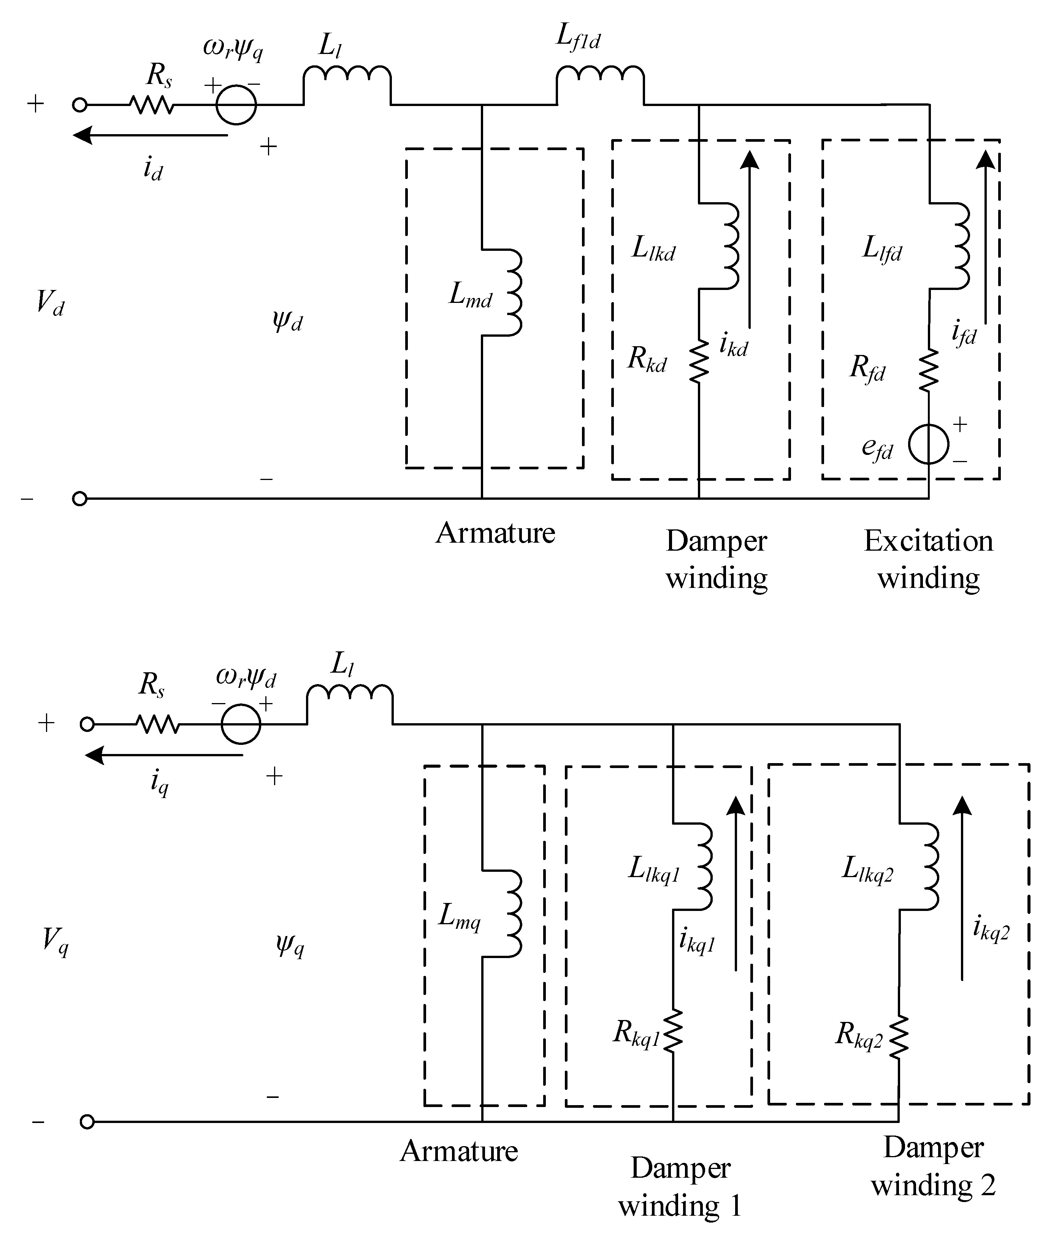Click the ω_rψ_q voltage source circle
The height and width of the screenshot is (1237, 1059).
pyautogui.click(x=236, y=105)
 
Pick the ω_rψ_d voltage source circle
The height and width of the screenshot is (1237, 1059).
pyautogui.click(x=241, y=724)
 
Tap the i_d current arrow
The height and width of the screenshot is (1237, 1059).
pyautogui.click(x=149, y=136)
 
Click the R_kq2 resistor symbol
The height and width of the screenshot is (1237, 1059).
pyautogui.click(x=899, y=1037)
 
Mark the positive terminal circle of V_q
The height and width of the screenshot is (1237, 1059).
pyautogui.click(x=87, y=724)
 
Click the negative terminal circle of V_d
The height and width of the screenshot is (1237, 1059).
pyautogui.click(x=79, y=499)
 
